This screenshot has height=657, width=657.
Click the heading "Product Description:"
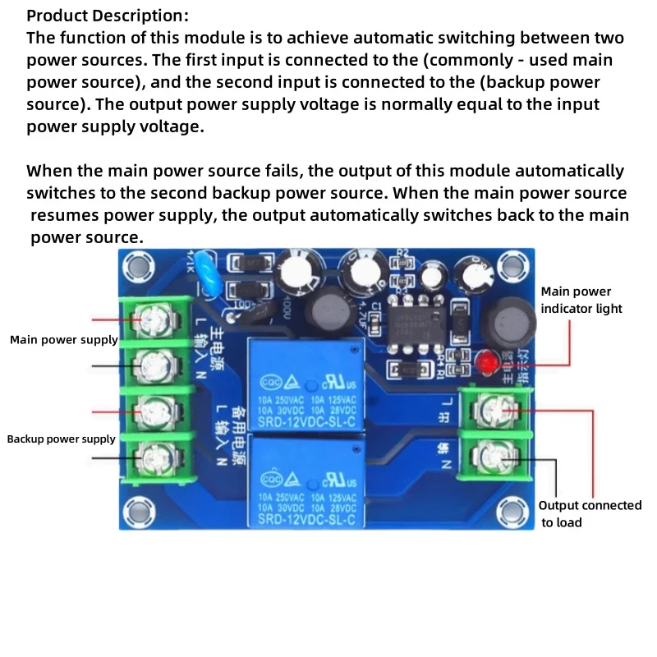(108, 16)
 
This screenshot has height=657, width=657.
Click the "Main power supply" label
(64, 340)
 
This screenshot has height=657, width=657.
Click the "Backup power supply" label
(62, 439)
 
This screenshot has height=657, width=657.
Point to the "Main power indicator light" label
(581, 300)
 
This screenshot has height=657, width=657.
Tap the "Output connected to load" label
(590, 514)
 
